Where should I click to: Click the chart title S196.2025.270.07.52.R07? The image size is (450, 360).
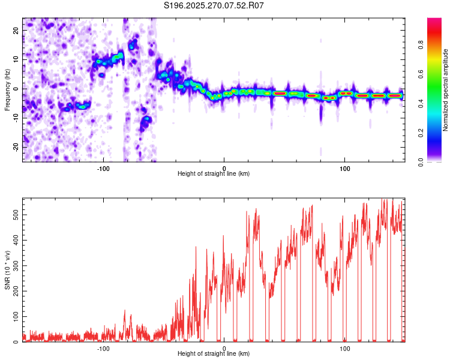point(214,5)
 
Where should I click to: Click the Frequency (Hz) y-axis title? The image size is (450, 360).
point(7,89)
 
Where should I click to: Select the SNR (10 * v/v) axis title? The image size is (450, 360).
point(7,270)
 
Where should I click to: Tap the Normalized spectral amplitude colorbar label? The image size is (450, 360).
point(445,90)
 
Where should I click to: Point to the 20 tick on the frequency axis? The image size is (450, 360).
point(16,30)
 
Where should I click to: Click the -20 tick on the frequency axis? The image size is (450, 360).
point(15,147)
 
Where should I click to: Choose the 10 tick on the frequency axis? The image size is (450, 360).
point(16,59)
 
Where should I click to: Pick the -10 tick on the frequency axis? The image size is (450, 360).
point(15,118)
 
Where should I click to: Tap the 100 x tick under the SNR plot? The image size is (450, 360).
point(345,348)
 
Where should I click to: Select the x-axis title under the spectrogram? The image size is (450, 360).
point(214,174)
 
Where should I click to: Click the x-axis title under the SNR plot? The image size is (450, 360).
point(214,354)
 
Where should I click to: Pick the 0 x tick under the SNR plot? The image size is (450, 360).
point(224,348)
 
